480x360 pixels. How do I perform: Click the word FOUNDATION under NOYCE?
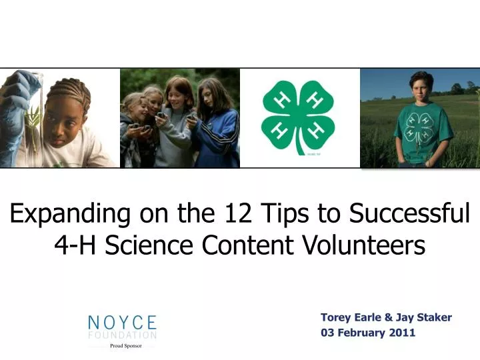point(123,335)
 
